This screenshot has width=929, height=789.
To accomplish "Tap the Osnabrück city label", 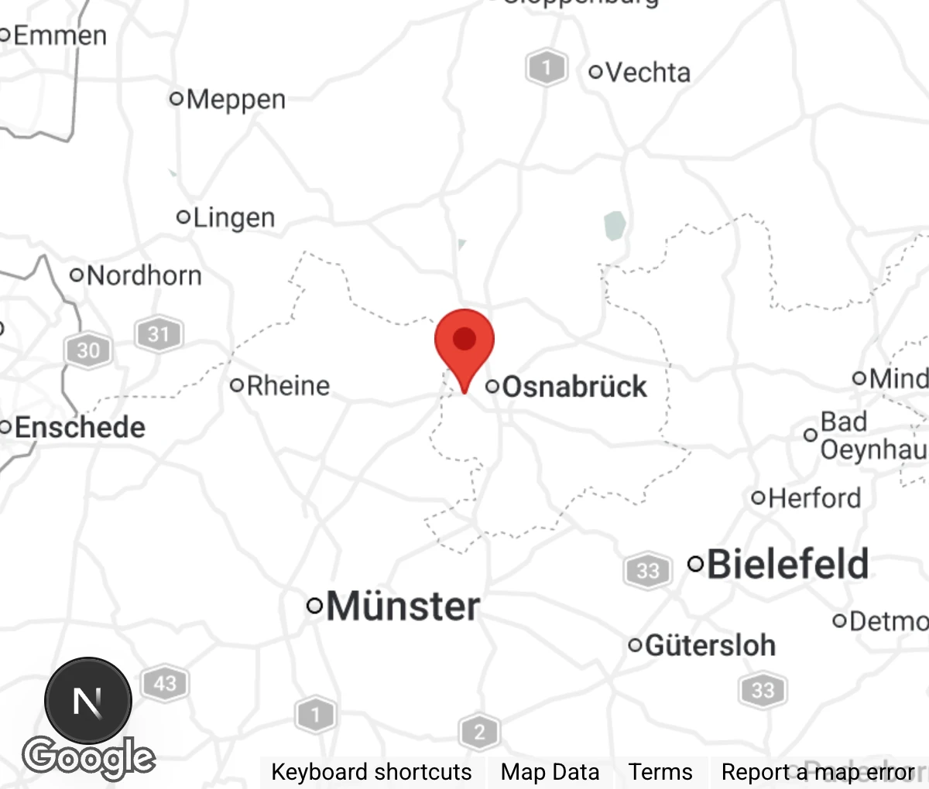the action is [574, 387].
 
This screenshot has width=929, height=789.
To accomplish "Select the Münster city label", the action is [403, 606].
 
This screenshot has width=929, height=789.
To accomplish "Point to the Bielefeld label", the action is [787, 564].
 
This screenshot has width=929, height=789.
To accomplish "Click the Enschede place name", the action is [79, 427].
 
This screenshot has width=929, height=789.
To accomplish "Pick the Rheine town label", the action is [287, 385].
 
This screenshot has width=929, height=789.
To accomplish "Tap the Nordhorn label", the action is [143, 275].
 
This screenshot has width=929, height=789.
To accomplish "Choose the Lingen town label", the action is [233, 218].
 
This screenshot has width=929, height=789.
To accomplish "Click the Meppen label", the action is [235, 99].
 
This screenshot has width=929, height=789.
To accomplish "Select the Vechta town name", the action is [647, 72].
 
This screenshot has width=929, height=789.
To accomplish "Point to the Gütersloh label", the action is [709, 645].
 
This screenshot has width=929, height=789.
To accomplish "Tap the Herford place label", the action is [814, 497].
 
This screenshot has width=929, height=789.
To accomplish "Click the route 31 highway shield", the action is [159, 334].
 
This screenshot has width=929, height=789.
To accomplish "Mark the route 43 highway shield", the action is [165, 684].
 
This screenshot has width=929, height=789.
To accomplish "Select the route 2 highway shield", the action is [479, 732].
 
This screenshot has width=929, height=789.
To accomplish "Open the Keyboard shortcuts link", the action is [371, 772].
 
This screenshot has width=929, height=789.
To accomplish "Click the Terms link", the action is [660, 772].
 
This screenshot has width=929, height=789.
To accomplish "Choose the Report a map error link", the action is [818, 772].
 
